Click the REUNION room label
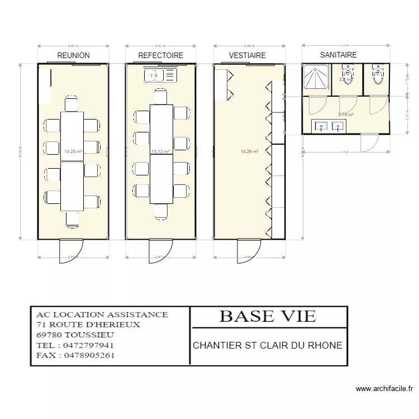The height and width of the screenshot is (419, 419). (x=73, y=55)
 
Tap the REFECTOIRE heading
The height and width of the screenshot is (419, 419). (x=161, y=55)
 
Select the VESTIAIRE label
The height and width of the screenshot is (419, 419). (x=247, y=55)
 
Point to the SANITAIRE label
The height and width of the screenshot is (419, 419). (x=338, y=55)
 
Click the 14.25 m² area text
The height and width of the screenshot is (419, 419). (x=74, y=151)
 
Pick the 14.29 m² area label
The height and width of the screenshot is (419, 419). (x=249, y=151)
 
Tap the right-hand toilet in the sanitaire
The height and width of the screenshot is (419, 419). (x=378, y=75)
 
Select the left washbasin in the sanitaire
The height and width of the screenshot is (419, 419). (x=322, y=127)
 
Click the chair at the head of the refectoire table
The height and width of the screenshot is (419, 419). (x=160, y=97)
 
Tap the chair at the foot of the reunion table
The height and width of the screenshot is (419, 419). (x=72, y=218)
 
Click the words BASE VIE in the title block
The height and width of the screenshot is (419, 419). (x=268, y=316)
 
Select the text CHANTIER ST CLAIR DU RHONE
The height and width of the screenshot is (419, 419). (x=268, y=345)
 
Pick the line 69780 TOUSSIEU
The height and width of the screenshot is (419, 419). (x=75, y=335)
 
